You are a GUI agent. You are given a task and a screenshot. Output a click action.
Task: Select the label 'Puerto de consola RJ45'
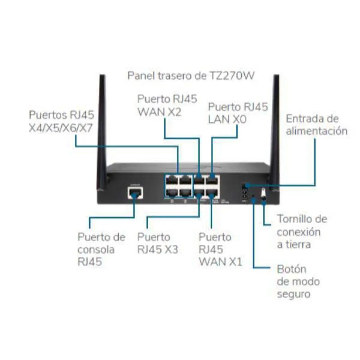click(101, 249)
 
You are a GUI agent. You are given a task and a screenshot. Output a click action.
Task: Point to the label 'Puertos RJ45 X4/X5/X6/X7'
click(61, 121)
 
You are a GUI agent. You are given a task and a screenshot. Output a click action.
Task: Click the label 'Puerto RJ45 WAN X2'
click(167, 105)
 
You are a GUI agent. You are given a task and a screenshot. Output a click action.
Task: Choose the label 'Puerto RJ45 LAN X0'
click(238, 113)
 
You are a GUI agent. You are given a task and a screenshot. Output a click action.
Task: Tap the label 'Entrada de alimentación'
click(317, 125)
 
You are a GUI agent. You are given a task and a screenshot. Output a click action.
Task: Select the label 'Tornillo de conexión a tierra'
click(302, 231)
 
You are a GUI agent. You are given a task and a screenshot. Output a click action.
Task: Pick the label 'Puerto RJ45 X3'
click(158, 243)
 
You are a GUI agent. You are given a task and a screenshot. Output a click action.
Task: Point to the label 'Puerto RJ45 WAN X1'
click(220, 249)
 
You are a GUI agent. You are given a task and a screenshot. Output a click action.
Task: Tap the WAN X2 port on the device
click(199, 179)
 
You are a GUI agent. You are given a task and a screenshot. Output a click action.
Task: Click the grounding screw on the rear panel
click(263, 193)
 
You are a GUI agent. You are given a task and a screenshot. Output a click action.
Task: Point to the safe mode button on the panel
click(254, 196)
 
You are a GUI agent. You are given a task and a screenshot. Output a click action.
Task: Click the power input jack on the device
click(244, 186)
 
